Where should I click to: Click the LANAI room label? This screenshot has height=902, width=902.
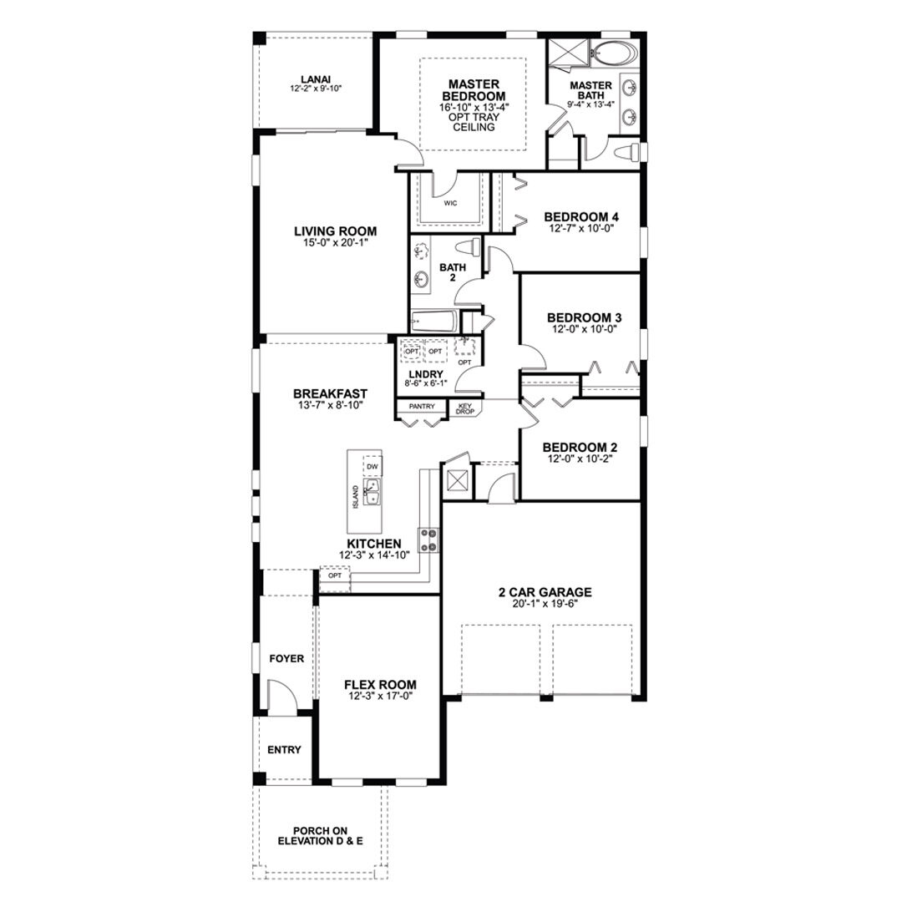point(316,79)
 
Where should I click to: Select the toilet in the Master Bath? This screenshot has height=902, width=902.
point(626,153)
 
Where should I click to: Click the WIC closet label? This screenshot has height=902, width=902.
point(450,203)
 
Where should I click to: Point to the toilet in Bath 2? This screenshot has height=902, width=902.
point(468,248)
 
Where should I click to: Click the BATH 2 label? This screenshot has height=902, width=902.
point(453,272)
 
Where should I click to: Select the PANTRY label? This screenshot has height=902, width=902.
point(422,406)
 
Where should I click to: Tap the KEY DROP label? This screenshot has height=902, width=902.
point(465,409)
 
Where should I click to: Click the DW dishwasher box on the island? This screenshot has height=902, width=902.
point(372,467)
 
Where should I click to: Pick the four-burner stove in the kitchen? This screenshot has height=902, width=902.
point(428,540)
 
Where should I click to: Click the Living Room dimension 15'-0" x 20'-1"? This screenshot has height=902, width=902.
point(336,243)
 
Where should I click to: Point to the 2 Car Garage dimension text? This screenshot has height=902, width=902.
point(545,604)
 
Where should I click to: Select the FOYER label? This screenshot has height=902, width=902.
point(286,659)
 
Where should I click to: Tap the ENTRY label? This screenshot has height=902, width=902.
point(284,750)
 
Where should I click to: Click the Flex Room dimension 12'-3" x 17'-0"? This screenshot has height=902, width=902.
point(380,696)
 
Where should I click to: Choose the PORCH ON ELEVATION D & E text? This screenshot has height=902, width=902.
point(321,836)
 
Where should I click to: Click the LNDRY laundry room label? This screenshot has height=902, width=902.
point(425,375)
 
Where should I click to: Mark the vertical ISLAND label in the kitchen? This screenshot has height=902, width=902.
point(356,497)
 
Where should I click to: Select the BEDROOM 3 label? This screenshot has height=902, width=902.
point(585,317)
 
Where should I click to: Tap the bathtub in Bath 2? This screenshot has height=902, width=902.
point(434,321)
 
